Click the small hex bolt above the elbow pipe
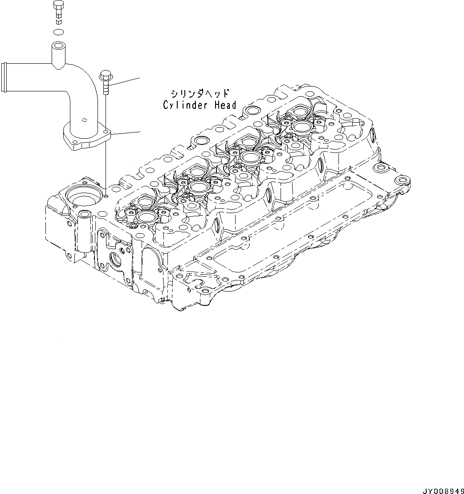coord(58,12)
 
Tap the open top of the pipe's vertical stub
coord(58,46)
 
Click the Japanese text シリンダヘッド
coord(199,94)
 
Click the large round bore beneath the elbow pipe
coord(81,196)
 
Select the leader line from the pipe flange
coord(126,132)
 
